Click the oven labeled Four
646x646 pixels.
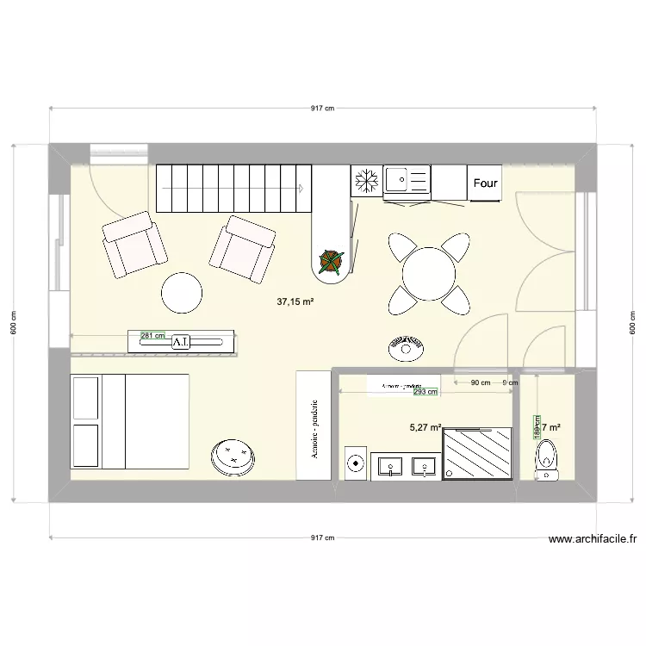click(485, 183)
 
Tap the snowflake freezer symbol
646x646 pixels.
click(366, 182)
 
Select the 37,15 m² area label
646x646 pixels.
click(295, 302)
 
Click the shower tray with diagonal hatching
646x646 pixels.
click(478, 455)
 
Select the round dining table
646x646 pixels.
click(429, 273)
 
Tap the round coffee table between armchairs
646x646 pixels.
click(183, 294)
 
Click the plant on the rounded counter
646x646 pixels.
click(332, 262)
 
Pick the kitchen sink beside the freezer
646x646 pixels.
click(407, 181)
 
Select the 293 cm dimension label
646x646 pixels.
click(425, 392)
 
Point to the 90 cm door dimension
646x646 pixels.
click(480, 383)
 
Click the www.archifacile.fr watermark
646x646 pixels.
click(593, 540)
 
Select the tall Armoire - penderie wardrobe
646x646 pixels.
click(314, 425)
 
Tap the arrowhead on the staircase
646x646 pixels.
click(301, 187)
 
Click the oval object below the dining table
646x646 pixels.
click(406, 350)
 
